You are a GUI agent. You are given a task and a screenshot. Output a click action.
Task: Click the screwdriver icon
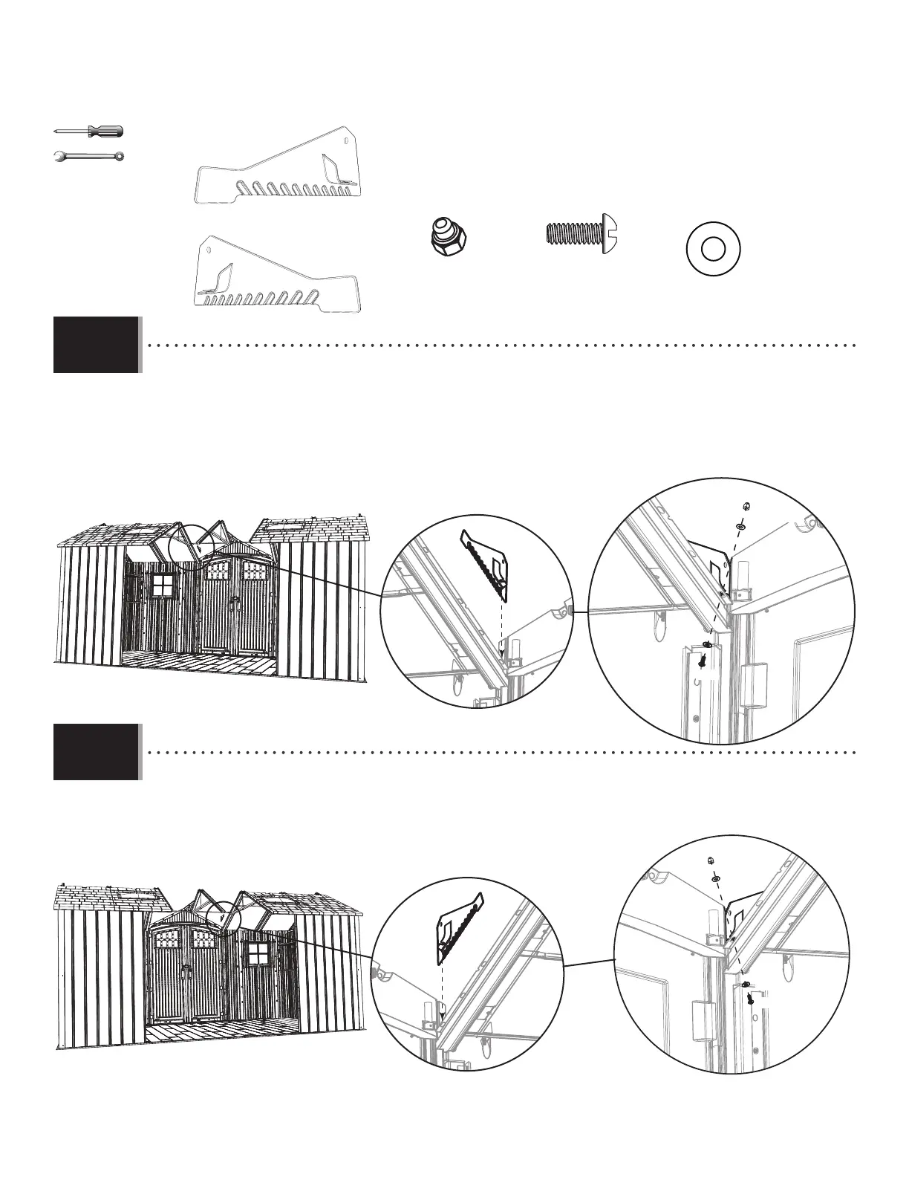pyautogui.click(x=89, y=132)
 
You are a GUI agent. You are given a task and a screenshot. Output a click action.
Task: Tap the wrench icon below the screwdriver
pyautogui.click(x=89, y=156)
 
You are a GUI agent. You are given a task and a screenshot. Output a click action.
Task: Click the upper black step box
pyautogui.click(x=97, y=345)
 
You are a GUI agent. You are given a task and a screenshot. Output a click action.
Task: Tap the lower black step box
pyautogui.click(x=97, y=751)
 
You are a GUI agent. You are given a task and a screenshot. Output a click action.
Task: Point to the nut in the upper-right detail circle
pyautogui.click(x=745, y=505)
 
